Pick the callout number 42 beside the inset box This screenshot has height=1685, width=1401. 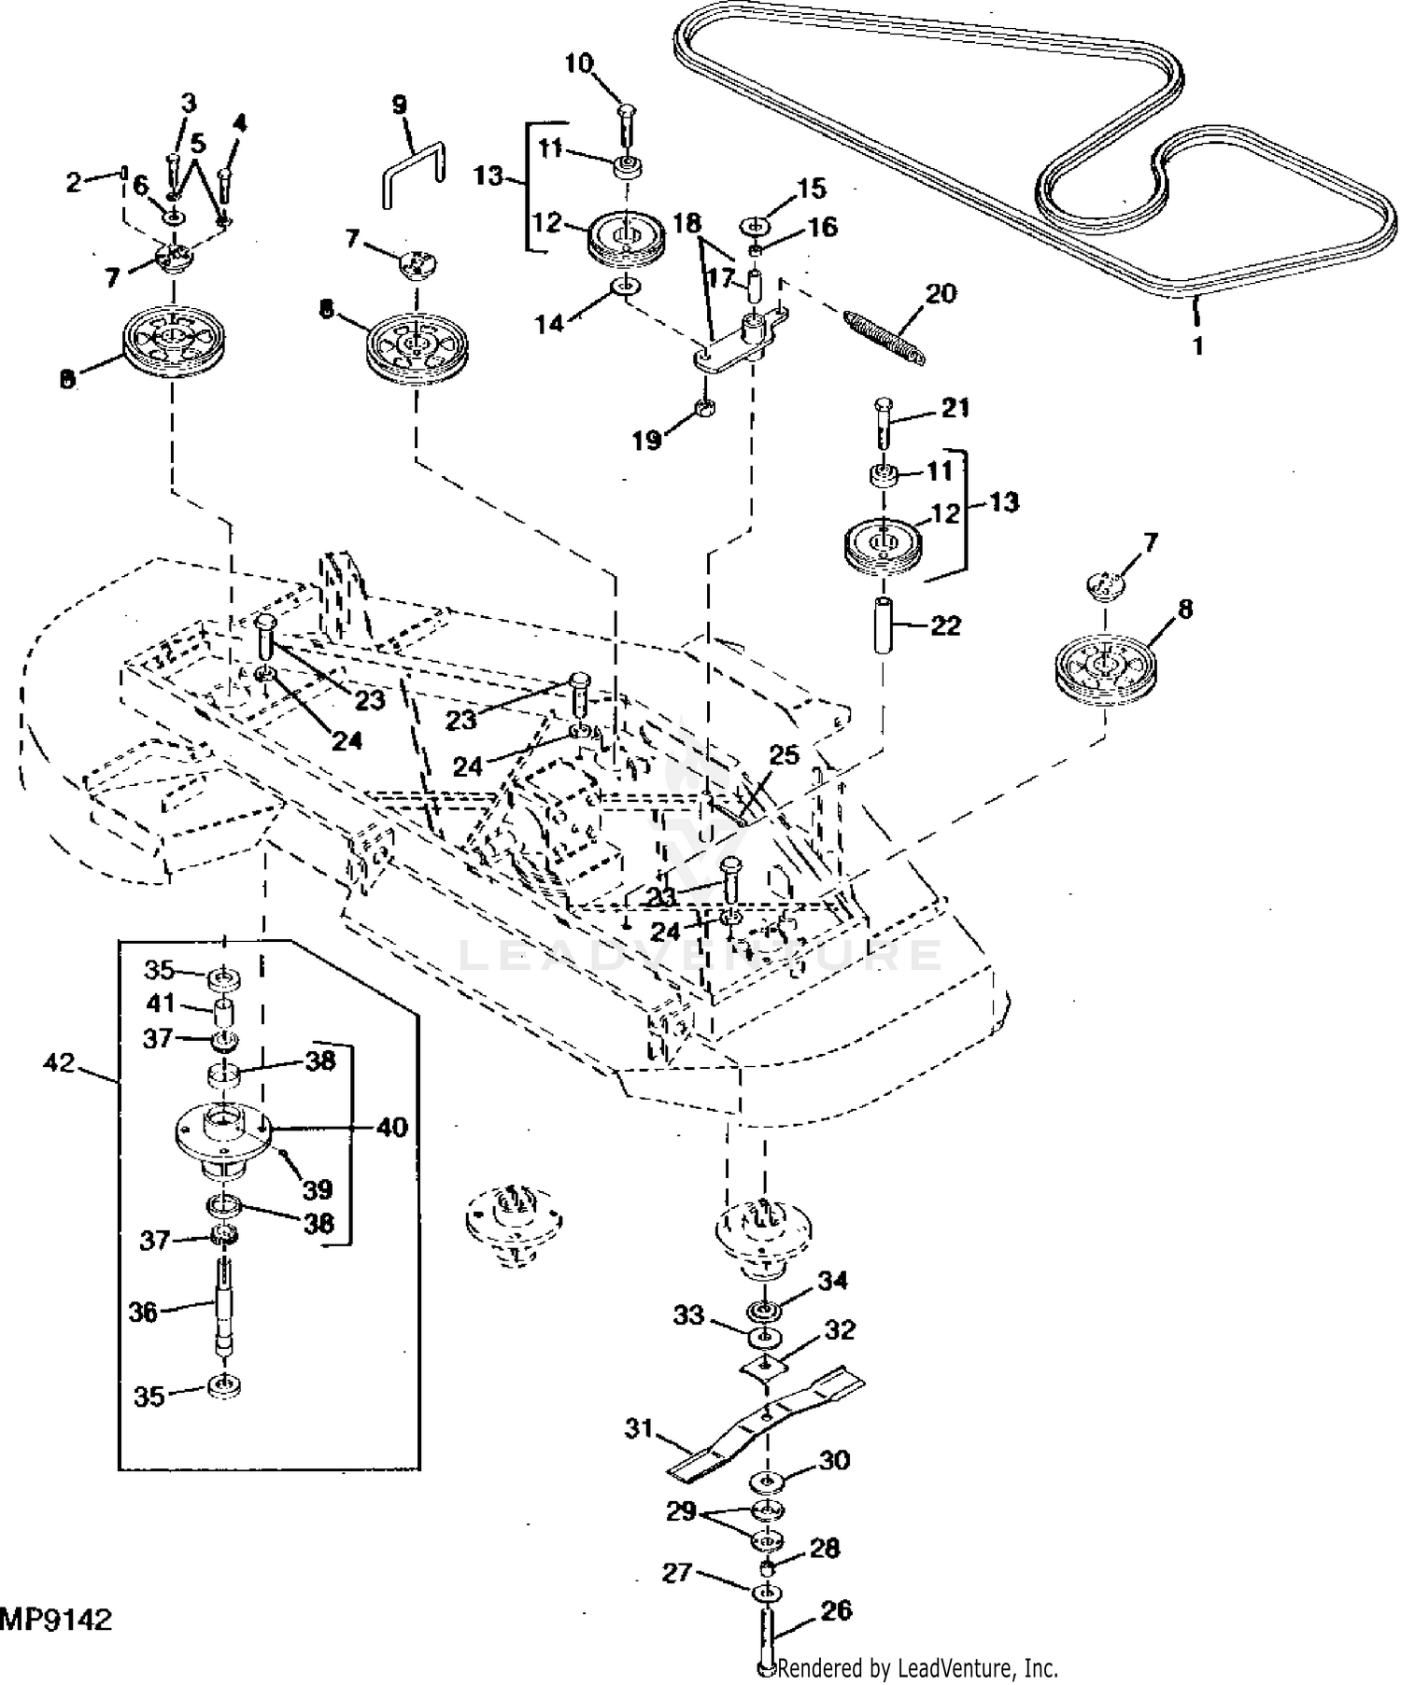click(x=59, y=1062)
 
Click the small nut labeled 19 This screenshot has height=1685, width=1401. click(x=707, y=407)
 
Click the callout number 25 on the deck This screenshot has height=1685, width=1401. click(x=785, y=754)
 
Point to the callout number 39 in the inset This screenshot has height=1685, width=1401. click(x=318, y=1190)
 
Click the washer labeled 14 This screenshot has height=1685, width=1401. click(x=627, y=285)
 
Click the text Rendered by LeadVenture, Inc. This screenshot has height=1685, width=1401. click(x=917, y=1667)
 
